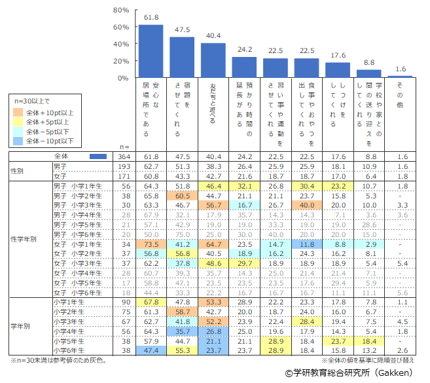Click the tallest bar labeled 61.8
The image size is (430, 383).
(151, 51)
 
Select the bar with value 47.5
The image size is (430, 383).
(182, 58)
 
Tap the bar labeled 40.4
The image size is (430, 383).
(213, 60)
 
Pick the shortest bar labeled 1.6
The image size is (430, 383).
(400, 77)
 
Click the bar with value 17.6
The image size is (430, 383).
(338, 70)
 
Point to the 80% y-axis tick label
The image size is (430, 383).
(120, 10)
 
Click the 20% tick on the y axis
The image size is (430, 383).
(120, 61)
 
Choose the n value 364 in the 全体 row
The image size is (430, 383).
(122, 157)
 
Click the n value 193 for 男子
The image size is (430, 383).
(122, 167)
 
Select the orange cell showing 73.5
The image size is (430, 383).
(151, 244)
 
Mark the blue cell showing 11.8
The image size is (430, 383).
(307, 244)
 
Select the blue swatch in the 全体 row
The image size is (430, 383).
(98, 157)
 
